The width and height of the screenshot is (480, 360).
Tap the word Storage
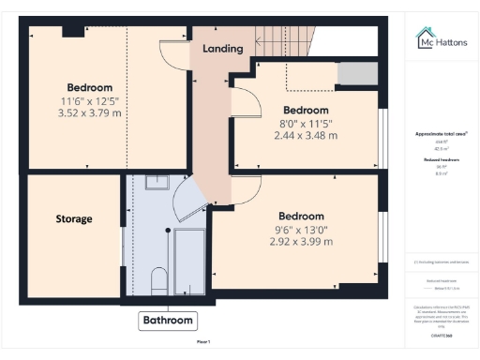pos(74,218)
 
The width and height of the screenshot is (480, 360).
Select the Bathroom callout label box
pos(168,321)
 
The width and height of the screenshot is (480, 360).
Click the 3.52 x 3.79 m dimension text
pos(90,114)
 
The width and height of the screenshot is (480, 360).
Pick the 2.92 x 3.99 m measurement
pos(302,241)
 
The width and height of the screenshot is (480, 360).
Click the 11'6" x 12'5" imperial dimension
pos(90,101)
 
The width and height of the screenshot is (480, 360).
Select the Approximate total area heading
pos(441,134)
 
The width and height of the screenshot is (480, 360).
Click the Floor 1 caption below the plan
pos(202,340)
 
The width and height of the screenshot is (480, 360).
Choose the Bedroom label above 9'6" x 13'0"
pos(302,213)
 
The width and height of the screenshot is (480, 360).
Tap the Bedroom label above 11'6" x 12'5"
pos(90,87)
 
